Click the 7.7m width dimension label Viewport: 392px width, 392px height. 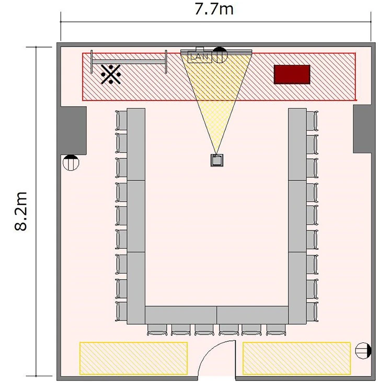214,9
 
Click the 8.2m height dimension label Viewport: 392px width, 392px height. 20,211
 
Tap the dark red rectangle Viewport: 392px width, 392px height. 292,75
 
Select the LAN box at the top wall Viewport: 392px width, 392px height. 200,57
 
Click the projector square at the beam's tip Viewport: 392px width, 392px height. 217,160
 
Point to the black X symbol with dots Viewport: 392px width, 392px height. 111,74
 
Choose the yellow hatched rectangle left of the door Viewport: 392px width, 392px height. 133,359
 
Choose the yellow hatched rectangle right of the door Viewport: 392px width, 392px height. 296,359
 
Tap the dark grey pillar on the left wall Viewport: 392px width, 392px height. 74,131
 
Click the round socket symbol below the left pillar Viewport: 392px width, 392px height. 71,163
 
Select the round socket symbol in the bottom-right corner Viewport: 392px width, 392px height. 363,351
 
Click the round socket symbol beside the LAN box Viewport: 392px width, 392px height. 220,55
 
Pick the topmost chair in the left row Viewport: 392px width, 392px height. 121,120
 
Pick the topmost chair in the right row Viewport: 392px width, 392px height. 312,121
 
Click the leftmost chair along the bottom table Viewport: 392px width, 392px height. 157,330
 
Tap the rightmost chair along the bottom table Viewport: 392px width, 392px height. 276,330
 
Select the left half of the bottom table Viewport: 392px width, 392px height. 181,315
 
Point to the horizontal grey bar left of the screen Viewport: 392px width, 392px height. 129,62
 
